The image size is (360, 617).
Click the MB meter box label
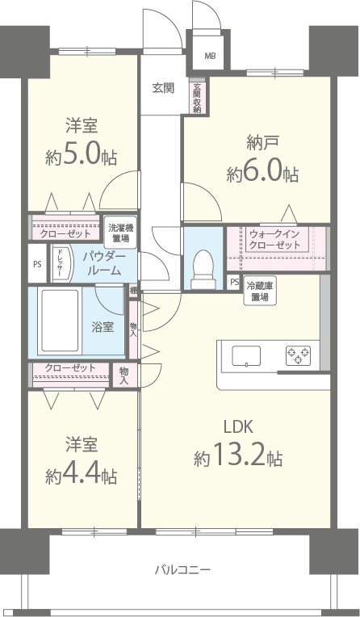(210, 56)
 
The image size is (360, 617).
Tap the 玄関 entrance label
(162, 88)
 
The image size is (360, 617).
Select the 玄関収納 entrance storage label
(196, 99)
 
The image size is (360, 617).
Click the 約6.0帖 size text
(263, 162)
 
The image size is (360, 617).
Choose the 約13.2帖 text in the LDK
(238, 458)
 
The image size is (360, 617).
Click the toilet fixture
(203, 267)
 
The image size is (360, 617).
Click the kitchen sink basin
(246, 355)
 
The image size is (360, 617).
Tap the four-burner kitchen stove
(297, 355)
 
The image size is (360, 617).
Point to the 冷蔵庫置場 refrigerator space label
(260, 291)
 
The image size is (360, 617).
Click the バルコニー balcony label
(182, 570)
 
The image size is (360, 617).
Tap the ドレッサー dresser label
(59, 262)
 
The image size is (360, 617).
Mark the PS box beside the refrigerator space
(234, 283)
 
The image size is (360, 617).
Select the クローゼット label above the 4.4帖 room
(70, 368)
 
